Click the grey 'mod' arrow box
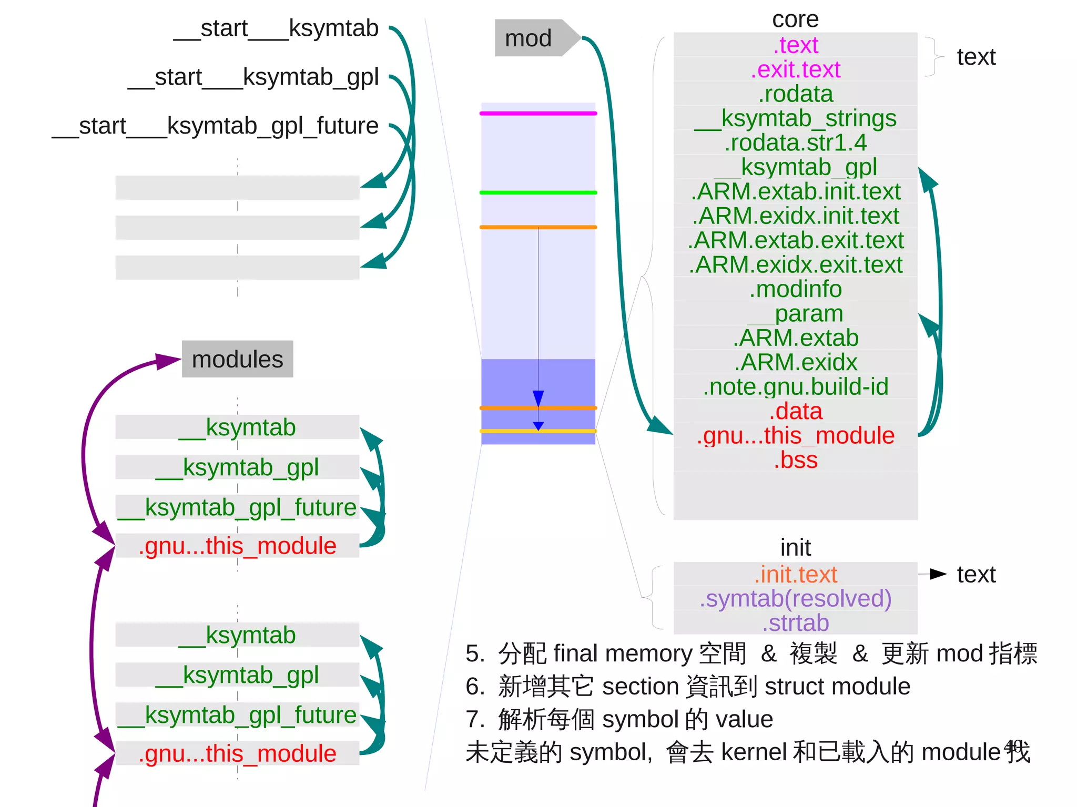point(531,38)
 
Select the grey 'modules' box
point(237,360)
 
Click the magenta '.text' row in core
point(795,45)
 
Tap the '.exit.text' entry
point(795,69)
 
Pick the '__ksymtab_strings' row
point(795,118)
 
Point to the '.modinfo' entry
point(795,289)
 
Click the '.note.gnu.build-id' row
point(795,387)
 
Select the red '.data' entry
point(795,411)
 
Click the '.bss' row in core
point(795,460)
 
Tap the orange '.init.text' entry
point(795,575)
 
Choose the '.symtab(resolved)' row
point(795,599)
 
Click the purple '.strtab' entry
point(795,623)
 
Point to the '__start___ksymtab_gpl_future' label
point(215,126)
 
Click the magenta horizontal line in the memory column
point(538,114)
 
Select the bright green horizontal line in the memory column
point(538,193)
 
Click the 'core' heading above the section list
point(795,20)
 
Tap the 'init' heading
point(795,548)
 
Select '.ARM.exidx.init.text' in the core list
point(795,216)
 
